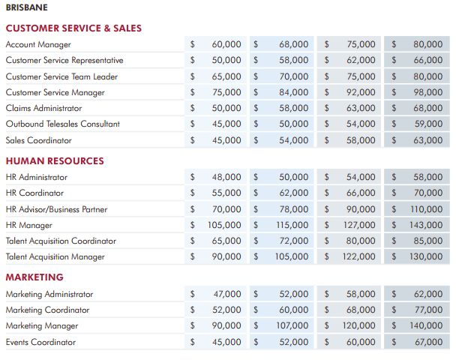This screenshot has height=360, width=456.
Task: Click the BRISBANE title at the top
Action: click(27, 7)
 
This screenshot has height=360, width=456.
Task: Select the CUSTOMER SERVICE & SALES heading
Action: click(73, 28)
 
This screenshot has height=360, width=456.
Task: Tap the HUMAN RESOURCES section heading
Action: click(55, 160)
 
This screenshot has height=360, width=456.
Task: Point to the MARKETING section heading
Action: click(34, 277)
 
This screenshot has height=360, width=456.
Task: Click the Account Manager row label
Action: click(38, 44)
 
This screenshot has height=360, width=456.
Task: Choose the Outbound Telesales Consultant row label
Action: click(63, 124)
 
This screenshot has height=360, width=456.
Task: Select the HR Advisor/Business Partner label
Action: click(57, 209)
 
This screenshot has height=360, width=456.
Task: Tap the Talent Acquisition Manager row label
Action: click(55, 256)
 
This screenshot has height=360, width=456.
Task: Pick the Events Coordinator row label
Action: click(40, 342)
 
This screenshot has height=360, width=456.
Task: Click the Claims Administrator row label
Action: click(44, 108)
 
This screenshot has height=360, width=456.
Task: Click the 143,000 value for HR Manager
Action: click(426, 225)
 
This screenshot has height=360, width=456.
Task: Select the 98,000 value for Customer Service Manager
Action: click(428, 92)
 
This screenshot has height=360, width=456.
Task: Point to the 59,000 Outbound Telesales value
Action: click(429, 124)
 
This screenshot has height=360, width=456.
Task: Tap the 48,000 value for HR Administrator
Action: click(226, 177)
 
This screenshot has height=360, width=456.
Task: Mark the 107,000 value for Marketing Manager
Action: click(292, 325)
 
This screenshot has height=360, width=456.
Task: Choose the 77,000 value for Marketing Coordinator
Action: click(429, 310)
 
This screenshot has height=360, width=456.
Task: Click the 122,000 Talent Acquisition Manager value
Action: click(358, 256)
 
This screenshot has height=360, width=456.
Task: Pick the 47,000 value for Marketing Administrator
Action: click(227, 294)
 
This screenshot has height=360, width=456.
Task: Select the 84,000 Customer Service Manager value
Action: click(294, 92)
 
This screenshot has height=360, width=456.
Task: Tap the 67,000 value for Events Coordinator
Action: click(429, 342)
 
